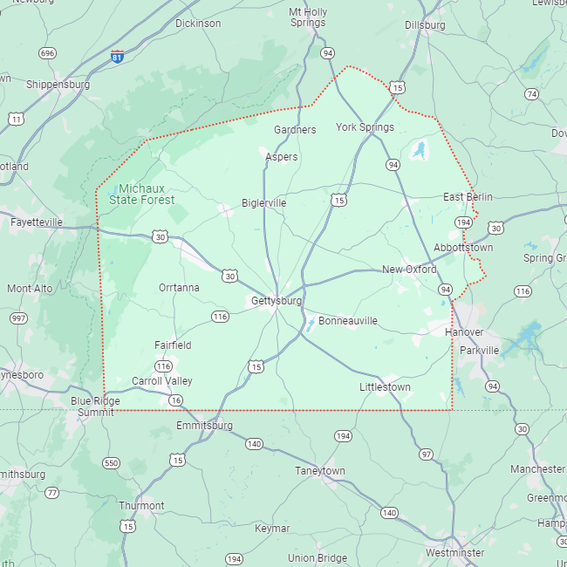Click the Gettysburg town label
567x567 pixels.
277,301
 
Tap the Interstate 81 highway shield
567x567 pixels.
117,57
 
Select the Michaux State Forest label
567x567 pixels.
141,194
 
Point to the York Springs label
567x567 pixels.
365,127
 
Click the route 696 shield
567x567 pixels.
47,53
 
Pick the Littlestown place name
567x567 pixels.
385,386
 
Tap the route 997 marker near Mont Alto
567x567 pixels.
18,318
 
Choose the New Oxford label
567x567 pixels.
409,270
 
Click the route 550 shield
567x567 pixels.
111,463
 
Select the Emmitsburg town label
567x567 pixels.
204,426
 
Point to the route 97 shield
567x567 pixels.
426,454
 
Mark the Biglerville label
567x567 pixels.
263,203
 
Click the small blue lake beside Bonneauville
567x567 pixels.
311,326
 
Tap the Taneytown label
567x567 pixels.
320,471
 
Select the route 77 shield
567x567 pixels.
52,493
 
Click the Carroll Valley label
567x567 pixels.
162,381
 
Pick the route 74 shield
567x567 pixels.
531,93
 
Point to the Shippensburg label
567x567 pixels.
58,85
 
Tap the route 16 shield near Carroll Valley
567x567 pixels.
176,400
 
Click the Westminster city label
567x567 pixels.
454,553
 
